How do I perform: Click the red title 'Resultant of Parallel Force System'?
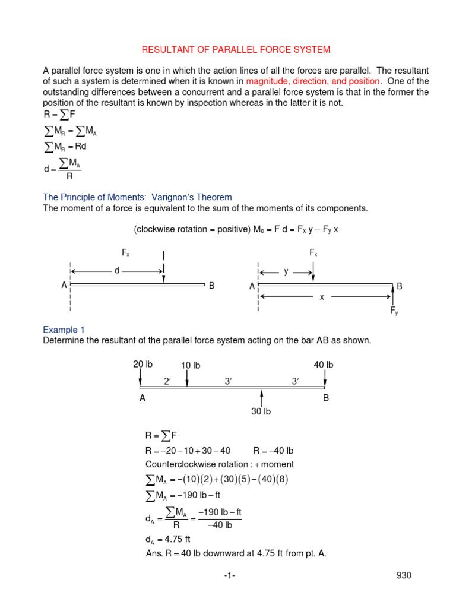pos(227,49)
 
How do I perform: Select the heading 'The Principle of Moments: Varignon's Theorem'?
pos(137,197)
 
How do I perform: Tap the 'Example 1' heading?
pos(60,330)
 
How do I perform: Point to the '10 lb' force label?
pos(191,366)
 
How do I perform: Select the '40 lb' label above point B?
pos(324,365)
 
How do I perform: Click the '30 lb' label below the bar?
pos(261,411)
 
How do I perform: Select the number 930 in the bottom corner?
pos(403,575)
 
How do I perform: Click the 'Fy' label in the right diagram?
pos(394,311)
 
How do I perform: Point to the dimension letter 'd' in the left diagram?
pos(117,271)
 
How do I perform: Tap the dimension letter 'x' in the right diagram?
pos(322,296)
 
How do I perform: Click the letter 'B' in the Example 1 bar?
pos(325,399)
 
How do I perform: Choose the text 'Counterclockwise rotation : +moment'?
pos(219,464)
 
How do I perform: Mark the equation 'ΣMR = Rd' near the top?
pos(69,145)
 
